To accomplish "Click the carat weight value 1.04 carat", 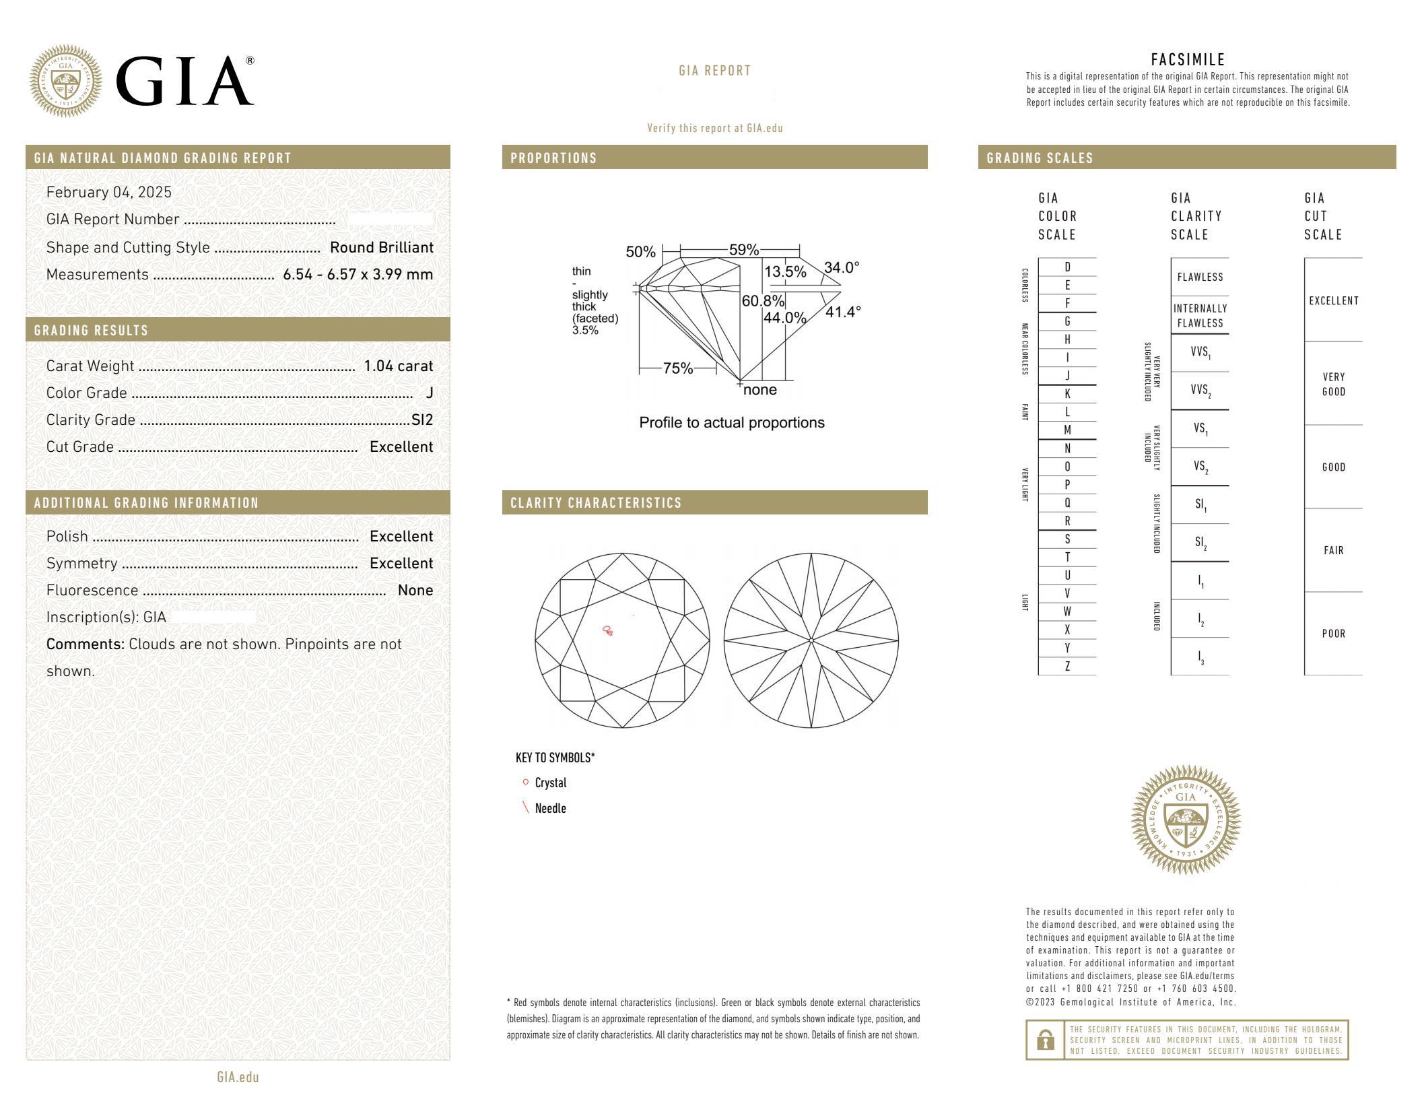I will tap(398, 366).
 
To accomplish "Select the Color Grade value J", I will tap(430, 393).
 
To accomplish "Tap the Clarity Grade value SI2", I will tap(422, 420).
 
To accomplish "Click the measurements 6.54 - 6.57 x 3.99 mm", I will tap(358, 275).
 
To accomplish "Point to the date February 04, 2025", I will tap(109, 193).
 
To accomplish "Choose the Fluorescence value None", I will tap(415, 591).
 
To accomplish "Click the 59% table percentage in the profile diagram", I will tap(744, 250).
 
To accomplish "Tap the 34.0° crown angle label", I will tap(842, 268).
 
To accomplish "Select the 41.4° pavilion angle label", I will tap(843, 312).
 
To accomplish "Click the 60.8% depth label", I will tap(763, 301).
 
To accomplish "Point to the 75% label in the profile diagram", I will tap(677, 368).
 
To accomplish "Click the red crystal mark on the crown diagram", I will tap(607, 631).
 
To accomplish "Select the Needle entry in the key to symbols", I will tap(550, 809).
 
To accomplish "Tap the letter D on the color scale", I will tap(1067, 267).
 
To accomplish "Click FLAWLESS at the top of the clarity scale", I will tap(1200, 277).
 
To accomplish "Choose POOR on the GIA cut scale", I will tap(1333, 634).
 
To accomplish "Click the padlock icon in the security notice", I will tap(1045, 1040).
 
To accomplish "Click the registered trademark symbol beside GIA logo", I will tap(250, 61).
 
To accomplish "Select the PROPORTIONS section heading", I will tap(553, 158).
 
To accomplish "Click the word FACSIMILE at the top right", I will tap(1188, 60).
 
